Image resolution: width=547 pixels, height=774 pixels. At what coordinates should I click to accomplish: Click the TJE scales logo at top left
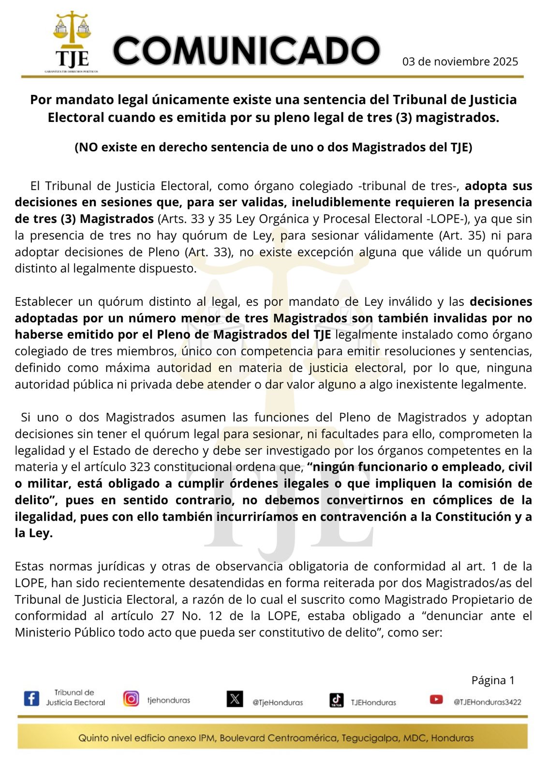click(72, 41)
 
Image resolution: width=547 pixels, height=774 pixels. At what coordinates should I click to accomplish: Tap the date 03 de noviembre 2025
click(460, 61)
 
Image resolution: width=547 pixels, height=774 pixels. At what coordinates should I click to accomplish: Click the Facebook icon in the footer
click(32, 698)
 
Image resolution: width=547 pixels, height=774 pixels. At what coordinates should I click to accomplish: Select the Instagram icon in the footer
click(131, 699)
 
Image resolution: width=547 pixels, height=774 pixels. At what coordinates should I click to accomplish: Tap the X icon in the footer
click(235, 699)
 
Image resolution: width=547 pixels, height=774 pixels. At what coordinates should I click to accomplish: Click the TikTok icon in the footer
click(337, 700)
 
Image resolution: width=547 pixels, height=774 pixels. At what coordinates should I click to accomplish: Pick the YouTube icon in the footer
click(436, 699)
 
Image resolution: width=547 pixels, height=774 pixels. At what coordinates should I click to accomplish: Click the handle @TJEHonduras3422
click(487, 702)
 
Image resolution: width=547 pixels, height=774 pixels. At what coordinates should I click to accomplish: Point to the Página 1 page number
click(493, 680)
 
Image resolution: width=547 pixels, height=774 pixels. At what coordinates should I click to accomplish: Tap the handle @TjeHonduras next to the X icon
click(278, 702)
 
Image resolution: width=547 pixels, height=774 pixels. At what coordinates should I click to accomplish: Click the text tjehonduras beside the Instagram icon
click(168, 700)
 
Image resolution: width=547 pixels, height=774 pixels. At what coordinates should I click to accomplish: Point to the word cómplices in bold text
click(464, 500)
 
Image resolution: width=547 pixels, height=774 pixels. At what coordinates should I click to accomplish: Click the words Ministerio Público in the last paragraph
click(65, 632)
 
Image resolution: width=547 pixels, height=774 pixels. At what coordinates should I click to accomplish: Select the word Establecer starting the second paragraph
click(43, 301)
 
